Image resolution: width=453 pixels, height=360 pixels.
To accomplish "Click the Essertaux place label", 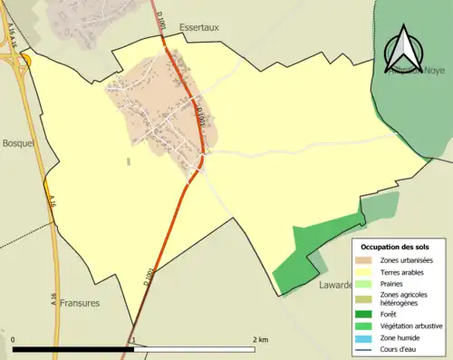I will click(x=199, y=28).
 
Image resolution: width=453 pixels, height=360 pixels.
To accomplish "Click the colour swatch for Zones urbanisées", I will click(x=367, y=261).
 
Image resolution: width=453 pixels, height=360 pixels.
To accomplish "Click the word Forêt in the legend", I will click(x=391, y=316).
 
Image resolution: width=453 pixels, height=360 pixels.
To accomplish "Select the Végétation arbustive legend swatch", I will click(x=367, y=326).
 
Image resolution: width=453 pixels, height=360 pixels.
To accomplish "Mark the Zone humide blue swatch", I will click(x=367, y=337).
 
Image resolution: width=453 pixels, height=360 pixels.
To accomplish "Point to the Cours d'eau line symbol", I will click(x=367, y=348).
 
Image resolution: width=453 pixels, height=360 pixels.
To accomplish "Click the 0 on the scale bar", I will click(x=14, y=340).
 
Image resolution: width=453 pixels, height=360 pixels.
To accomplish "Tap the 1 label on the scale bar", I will click(x=134, y=340).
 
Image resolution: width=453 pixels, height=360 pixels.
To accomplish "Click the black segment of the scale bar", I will click(x=73, y=349).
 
